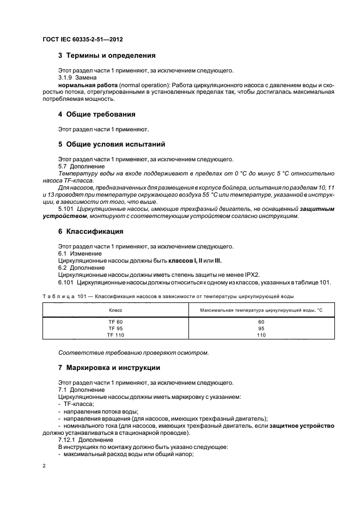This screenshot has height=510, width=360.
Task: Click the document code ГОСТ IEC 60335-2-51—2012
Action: point(80,40)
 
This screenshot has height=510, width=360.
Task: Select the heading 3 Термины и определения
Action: point(107,56)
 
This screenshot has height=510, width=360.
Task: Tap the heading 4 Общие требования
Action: point(96,114)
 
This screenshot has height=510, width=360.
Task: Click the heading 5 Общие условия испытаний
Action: point(115,144)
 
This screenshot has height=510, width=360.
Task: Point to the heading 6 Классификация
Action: point(90,231)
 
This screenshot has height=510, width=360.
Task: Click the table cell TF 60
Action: point(115,322)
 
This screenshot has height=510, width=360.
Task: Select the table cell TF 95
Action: point(115,329)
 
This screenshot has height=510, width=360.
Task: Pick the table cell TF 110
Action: point(115,335)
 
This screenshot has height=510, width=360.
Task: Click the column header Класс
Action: point(115,309)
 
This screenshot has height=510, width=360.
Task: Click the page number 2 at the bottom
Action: point(44,466)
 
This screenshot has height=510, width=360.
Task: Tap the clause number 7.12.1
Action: point(68,439)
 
